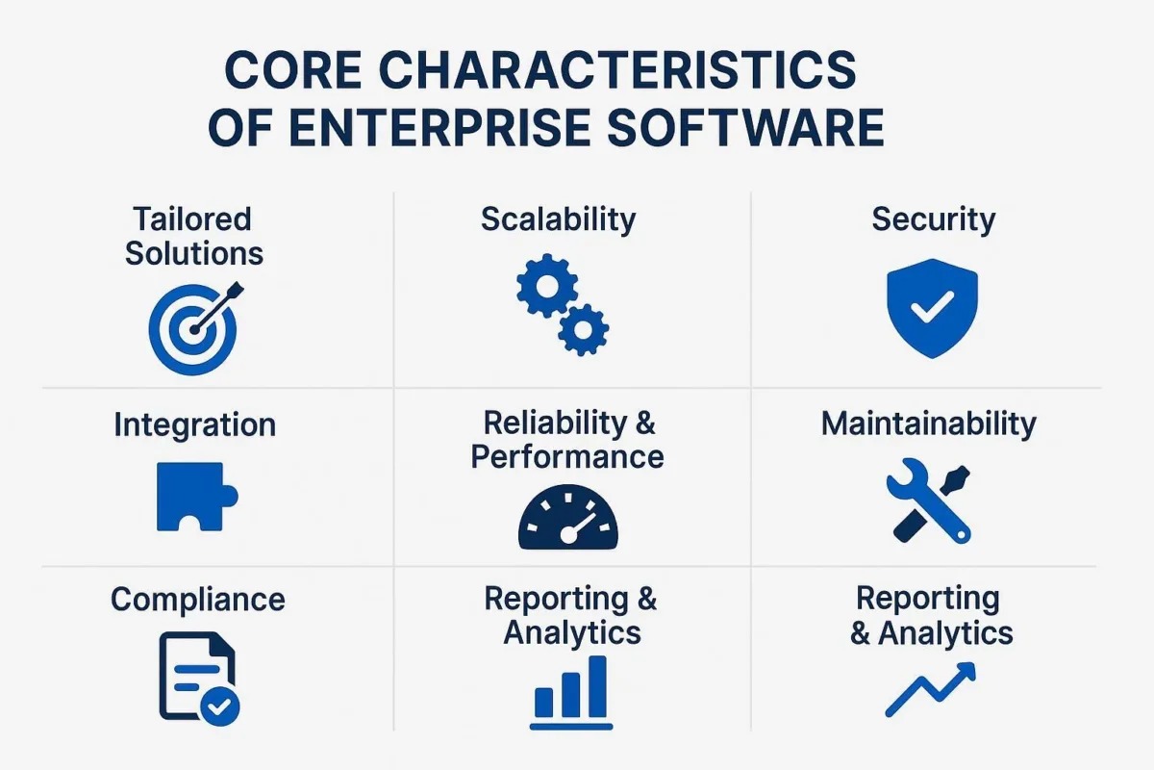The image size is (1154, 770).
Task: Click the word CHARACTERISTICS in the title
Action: pos(617,69)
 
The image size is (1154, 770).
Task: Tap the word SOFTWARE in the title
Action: pos(745,127)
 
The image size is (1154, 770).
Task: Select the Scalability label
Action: pos(559,219)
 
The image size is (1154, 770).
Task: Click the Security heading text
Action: pos(933,219)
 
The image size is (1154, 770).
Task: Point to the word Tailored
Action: pos(192,219)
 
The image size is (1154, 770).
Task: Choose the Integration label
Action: pos(194,425)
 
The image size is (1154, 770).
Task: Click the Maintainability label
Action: pos(928,424)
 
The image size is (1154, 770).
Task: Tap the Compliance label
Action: pos(198,601)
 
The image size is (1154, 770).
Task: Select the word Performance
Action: pos(567,457)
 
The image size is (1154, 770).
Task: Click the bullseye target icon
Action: pos(192,329)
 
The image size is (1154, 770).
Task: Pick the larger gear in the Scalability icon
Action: pos(546,285)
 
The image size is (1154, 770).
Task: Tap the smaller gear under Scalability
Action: pos(583,330)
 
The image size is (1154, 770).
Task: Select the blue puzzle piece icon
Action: pos(197,497)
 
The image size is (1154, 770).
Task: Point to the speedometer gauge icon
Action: pos(568,517)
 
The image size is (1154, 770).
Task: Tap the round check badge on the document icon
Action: pos(220,706)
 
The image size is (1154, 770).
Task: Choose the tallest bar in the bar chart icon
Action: pos(597,686)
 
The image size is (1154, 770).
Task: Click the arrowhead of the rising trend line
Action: pos(966,672)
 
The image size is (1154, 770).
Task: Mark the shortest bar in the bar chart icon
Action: pos(544,703)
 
